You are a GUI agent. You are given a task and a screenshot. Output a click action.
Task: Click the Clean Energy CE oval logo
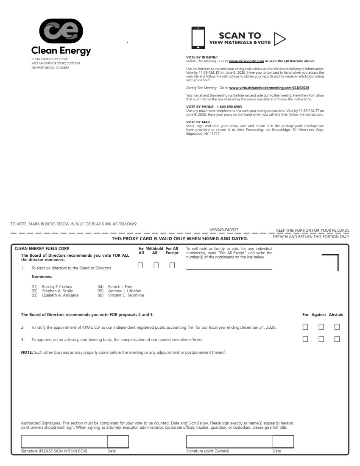coord(61,32)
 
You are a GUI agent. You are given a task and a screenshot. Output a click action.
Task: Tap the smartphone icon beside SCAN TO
coord(198,38)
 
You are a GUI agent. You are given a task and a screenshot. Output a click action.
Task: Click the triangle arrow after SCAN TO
coord(279,39)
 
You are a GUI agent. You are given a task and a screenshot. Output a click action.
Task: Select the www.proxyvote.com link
coord(246,61)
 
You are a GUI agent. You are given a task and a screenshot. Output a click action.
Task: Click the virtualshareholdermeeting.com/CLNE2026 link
coord(269,87)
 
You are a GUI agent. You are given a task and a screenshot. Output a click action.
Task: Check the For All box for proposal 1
coord(140,266)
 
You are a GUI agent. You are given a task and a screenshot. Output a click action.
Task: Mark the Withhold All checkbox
coord(156,266)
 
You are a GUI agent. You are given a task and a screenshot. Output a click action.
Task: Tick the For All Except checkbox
coord(172,266)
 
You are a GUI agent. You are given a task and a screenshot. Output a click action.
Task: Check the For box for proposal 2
coord(305,327)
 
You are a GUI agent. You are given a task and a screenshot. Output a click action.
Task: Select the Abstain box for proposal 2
coord(337,327)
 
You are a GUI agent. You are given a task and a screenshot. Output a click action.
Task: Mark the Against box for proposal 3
coord(321,339)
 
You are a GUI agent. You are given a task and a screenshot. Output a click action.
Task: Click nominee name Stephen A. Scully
coord(57,291)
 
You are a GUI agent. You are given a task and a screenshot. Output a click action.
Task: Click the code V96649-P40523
coord(224,230)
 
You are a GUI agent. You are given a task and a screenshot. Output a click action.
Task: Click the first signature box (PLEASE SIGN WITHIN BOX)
coord(64,441)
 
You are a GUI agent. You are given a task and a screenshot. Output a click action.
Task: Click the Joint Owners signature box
coord(229,441)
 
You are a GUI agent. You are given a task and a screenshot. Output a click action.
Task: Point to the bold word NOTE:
coord(27,352)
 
